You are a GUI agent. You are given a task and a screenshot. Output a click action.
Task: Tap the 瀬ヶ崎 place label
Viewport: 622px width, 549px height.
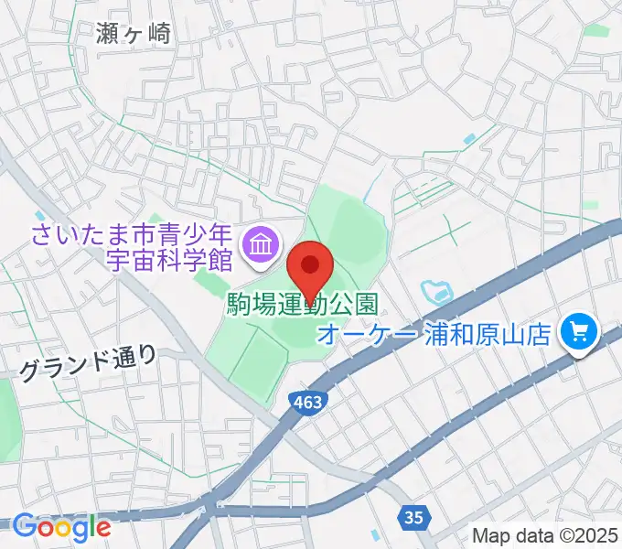coord(134,33)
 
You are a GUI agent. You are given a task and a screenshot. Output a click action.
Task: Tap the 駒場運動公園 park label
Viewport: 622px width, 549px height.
coord(301,305)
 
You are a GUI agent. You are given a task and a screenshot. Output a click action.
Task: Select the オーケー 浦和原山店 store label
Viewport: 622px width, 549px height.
coord(434,332)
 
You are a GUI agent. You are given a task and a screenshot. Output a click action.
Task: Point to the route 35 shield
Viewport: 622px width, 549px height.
coord(413,518)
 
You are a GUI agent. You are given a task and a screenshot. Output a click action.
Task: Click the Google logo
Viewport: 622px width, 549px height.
coord(61,527)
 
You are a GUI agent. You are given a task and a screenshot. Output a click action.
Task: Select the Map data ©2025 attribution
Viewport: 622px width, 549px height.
coord(545,535)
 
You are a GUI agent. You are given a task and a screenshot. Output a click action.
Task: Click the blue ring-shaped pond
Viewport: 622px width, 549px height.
coord(436,294)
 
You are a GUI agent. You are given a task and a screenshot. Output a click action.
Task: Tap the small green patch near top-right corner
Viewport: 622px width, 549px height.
coord(598,30)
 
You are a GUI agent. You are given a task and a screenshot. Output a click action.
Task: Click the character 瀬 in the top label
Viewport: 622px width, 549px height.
coord(108,33)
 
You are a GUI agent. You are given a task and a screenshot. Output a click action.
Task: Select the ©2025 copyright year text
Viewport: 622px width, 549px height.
coord(584,535)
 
